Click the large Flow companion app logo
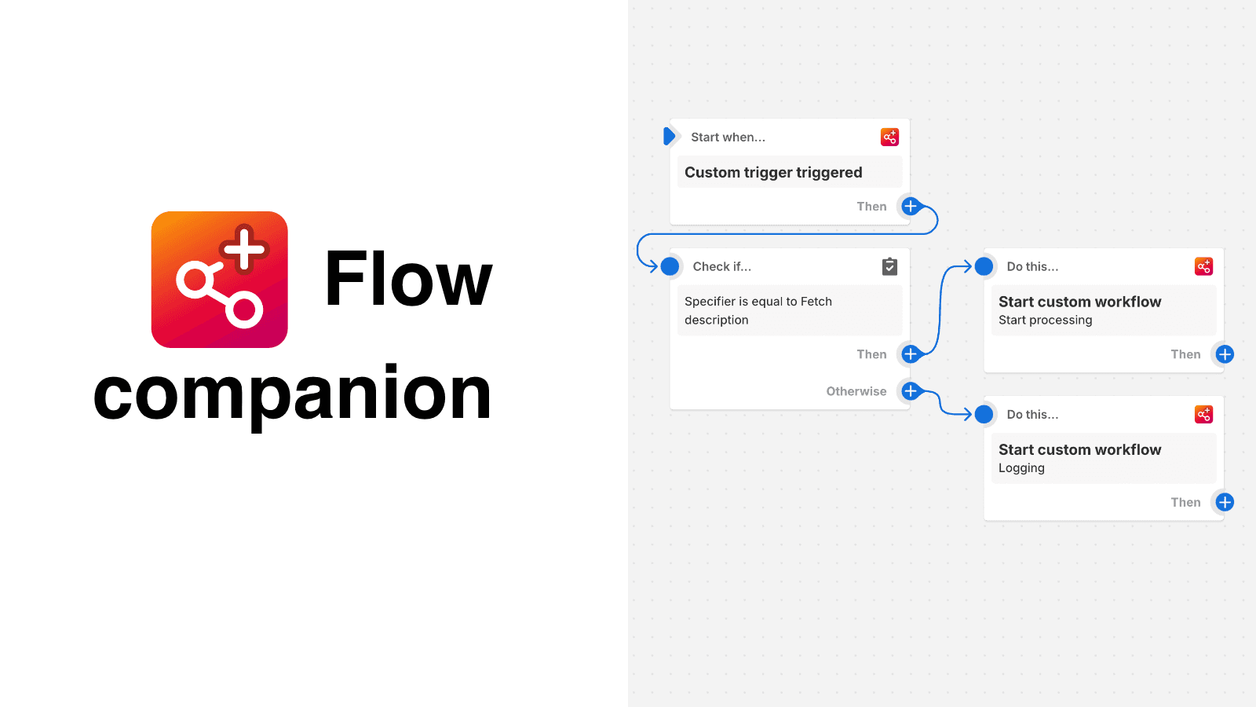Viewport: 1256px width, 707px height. tap(220, 280)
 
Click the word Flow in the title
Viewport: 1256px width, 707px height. tap(408, 280)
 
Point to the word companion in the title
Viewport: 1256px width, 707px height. tap(292, 394)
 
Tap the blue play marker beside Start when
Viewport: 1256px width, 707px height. tap(669, 137)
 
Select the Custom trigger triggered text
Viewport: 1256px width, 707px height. tap(773, 173)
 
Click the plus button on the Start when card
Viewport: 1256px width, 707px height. tap(910, 207)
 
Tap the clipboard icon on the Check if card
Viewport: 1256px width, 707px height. tap(889, 266)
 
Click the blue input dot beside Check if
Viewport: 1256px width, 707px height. tap(670, 266)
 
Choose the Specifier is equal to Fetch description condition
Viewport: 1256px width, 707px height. tap(758, 310)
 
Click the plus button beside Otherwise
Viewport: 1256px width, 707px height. tap(910, 391)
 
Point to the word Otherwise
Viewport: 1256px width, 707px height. tap(856, 391)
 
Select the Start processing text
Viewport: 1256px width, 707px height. tap(1045, 321)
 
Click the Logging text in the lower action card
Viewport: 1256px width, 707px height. tap(1021, 468)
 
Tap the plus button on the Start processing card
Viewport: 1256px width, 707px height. tap(1225, 354)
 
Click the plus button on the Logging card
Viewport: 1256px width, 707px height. tap(1225, 502)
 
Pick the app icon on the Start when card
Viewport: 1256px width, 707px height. tap(889, 137)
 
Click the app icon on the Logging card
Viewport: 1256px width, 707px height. tap(1203, 414)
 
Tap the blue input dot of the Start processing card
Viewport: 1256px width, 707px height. tap(984, 266)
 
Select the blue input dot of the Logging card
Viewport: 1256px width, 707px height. tap(984, 414)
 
